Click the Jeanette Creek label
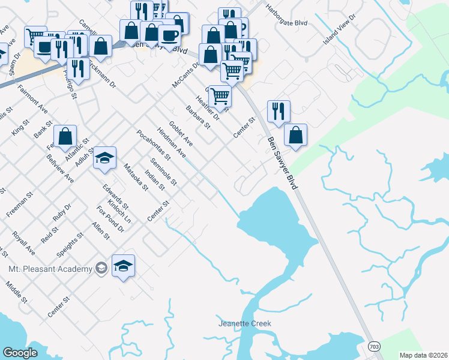click(x=244, y=324)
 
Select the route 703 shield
click(x=373, y=347)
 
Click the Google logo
click(x=20, y=353)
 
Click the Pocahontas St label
click(x=154, y=146)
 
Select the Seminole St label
click(x=164, y=171)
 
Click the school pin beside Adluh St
click(x=104, y=158)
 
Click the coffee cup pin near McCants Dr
click(x=169, y=35)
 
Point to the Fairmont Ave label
click(x=32, y=99)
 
